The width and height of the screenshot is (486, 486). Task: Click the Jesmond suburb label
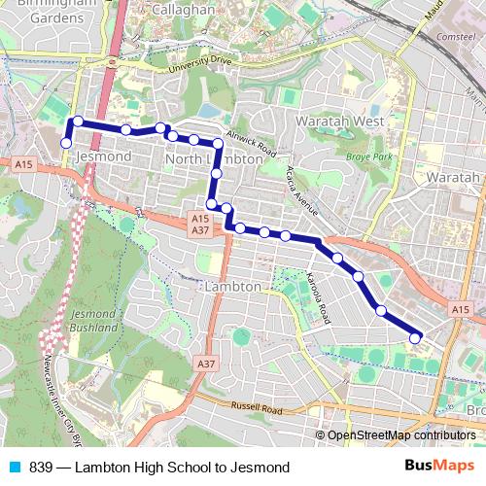pos(102,156)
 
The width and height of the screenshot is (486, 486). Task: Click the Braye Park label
pos(368,156)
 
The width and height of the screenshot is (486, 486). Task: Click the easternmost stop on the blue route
pos(415,338)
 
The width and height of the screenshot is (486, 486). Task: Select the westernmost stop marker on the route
pos(66,143)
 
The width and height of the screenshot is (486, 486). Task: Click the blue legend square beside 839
pos(13,468)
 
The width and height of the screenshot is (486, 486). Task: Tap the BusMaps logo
pos(439,467)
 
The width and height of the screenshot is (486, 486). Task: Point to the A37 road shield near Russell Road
pos(204,364)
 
